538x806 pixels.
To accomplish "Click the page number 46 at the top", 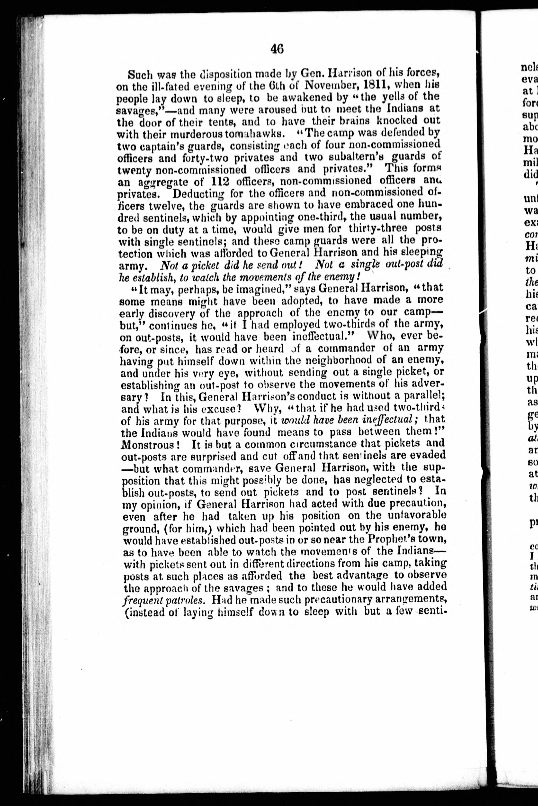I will tap(277, 49).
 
